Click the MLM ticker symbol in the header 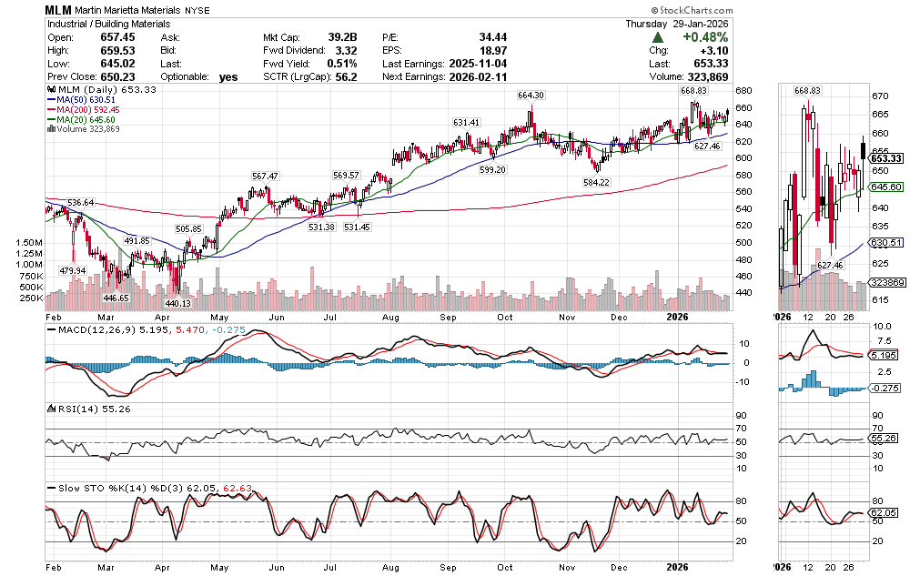click(x=59, y=8)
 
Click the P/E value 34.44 click(x=492, y=37)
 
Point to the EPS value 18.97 click(x=492, y=51)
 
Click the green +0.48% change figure click(x=704, y=37)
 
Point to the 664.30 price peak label click(x=531, y=96)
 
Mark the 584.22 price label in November click(x=595, y=182)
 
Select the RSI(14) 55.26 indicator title click(x=90, y=410)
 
